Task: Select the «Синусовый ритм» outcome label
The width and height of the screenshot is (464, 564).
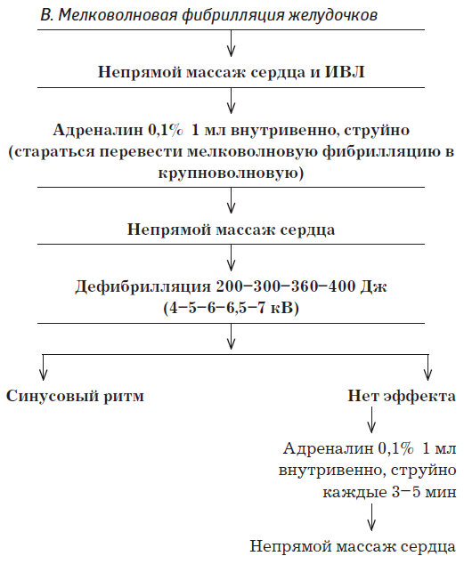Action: pyautogui.click(x=76, y=396)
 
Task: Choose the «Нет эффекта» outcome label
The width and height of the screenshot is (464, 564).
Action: pyautogui.click(x=402, y=396)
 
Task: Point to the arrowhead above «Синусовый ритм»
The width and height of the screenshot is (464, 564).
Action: pyautogui.click(x=43, y=370)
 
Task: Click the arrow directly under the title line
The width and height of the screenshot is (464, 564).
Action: pyautogui.click(x=232, y=45)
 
